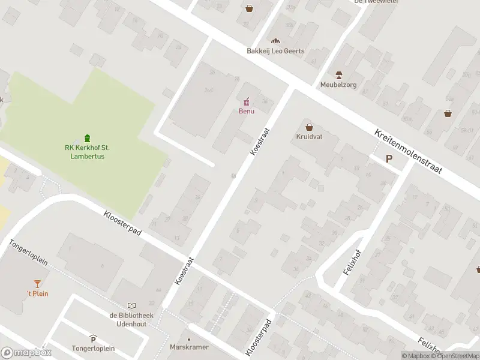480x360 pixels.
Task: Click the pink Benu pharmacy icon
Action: [246, 102]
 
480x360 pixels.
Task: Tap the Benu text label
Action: [246, 111]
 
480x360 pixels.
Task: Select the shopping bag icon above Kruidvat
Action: [309, 127]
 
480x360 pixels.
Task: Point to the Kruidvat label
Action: [309, 137]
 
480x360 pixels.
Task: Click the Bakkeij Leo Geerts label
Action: [275, 51]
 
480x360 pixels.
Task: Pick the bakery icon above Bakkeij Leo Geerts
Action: [275, 41]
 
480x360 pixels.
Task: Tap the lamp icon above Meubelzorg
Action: [338, 75]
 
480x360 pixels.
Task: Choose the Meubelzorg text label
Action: [338, 85]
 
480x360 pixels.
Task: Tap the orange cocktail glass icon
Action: [37, 283]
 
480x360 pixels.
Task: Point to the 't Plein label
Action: [37, 293]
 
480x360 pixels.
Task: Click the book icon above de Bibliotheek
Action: [132, 305]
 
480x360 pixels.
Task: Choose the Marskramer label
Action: [189, 346]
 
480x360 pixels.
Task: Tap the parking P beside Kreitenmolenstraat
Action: [389, 159]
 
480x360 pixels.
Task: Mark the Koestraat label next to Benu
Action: [259, 142]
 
